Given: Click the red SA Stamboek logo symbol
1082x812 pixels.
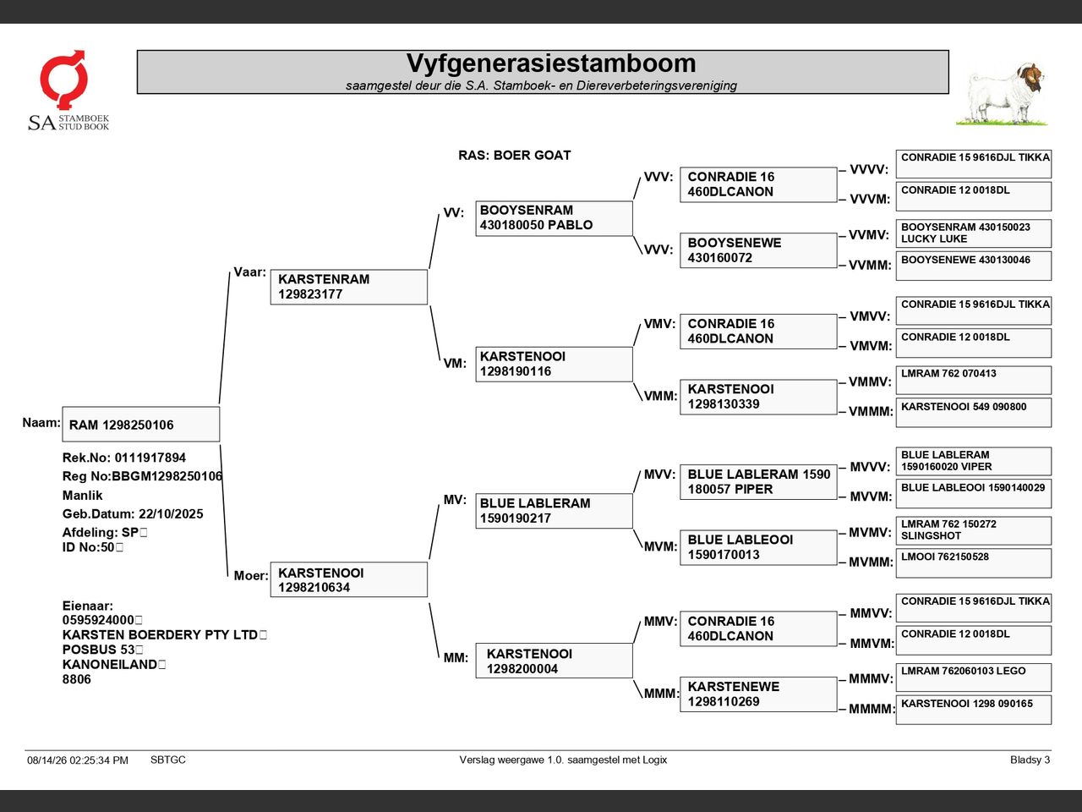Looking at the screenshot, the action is [63, 79].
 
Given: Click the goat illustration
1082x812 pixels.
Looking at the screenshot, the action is [1003, 94].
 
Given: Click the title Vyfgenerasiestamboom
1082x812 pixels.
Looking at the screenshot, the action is [551, 63].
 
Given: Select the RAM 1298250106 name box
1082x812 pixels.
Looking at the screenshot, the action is [141, 424].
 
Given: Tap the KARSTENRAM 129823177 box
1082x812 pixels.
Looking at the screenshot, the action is [349, 287].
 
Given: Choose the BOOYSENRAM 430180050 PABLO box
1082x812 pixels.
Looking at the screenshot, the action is [554, 218].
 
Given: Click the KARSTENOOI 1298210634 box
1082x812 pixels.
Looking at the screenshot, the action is [349, 579].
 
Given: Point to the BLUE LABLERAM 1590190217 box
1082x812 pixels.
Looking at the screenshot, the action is [554, 511].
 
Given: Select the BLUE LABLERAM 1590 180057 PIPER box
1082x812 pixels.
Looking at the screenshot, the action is [758, 481].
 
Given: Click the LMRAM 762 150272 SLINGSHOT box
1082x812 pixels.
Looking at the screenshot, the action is [974, 530].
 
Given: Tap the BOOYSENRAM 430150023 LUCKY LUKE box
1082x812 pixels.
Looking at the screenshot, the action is [974, 233].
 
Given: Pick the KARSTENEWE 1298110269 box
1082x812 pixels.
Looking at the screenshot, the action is [758, 694].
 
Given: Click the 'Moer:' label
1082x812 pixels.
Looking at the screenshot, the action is [251, 575].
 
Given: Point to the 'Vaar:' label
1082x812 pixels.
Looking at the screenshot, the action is [249, 272].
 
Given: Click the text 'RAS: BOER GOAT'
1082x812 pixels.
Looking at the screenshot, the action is [514, 156].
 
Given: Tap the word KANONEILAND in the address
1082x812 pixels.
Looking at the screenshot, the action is [109, 664].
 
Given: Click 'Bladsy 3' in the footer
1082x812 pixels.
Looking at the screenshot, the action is [1030, 760].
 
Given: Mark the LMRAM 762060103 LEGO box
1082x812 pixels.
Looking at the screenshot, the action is [974, 678].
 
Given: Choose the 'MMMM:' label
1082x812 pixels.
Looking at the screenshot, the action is [871, 709].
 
